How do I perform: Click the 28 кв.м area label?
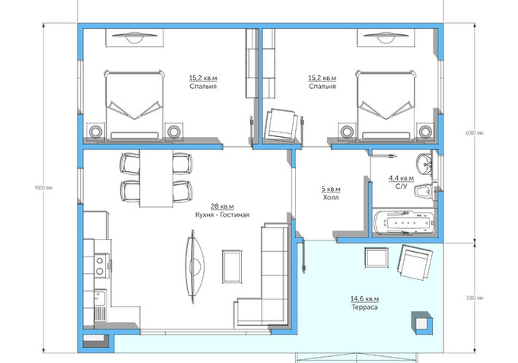tap(222, 207)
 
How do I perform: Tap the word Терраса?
tap(364, 307)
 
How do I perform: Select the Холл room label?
tap(331, 197)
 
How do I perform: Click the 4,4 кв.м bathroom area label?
tap(401, 178)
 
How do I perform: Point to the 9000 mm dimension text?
tap(43, 188)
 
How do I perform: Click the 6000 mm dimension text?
tap(474, 133)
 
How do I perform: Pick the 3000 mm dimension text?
tap(475, 298)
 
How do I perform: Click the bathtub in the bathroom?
tap(403, 223)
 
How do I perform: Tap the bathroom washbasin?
tap(424, 164)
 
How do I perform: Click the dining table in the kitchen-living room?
tap(156, 178)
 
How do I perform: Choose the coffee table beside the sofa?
tap(232, 266)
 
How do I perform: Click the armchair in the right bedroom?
tap(283, 126)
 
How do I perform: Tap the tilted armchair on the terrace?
tap(415, 262)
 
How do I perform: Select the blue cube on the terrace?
tap(422, 323)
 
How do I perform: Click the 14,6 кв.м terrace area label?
tap(364, 299)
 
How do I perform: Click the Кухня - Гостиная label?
tap(222, 215)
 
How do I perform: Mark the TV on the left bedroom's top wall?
tap(134, 37)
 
